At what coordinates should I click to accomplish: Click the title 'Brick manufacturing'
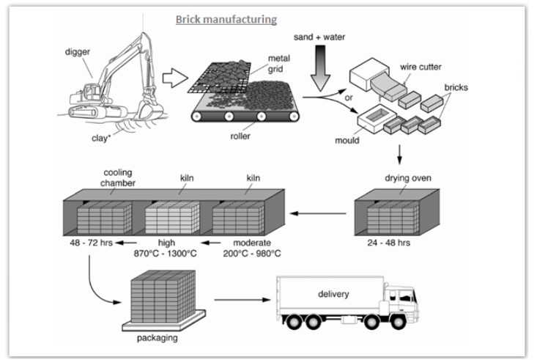(226, 19)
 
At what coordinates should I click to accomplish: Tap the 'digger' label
(78, 52)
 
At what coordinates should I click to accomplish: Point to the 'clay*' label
(101, 138)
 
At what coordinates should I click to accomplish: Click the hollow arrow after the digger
(175, 78)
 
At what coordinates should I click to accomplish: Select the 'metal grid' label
(278, 64)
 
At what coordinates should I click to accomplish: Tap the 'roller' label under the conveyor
(240, 136)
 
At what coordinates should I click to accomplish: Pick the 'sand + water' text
(319, 37)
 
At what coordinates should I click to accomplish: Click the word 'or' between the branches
(349, 98)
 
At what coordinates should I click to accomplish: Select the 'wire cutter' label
(421, 67)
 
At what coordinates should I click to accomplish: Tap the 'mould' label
(347, 140)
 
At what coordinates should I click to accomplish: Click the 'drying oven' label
(408, 178)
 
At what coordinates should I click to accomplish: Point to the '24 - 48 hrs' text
(389, 243)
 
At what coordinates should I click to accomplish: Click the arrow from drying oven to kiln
(318, 213)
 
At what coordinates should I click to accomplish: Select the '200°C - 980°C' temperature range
(252, 254)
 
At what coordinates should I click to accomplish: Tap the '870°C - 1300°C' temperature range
(165, 254)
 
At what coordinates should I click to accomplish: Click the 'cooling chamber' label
(117, 177)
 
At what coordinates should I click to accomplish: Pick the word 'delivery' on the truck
(333, 294)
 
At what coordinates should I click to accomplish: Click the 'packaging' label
(158, 338)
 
